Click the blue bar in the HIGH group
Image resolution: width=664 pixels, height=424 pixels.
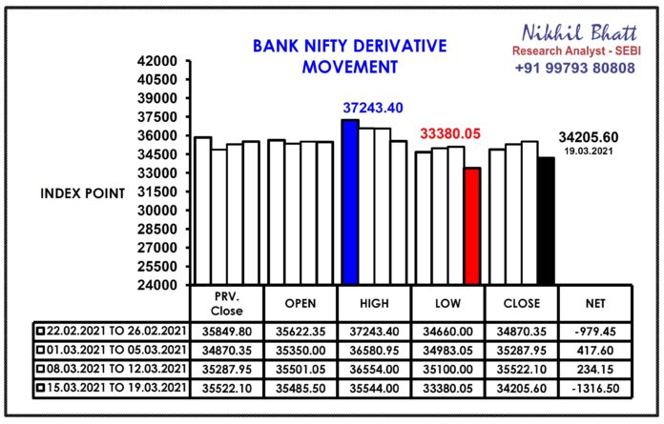coord(350,202)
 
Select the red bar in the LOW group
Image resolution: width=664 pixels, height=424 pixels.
coord(472,226)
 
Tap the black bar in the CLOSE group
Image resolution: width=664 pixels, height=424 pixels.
coord(547,221)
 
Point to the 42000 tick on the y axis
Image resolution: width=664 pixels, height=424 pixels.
coord(157,61)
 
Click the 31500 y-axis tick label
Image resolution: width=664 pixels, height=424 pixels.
coord(157,192)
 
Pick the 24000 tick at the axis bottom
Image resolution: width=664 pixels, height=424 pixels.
coord(157,285)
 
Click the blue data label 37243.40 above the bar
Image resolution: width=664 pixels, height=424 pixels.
coord(373,109)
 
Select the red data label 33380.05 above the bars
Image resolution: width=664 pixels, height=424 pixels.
coord(450,134)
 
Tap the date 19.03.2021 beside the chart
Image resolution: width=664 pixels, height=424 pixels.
coord(589,151)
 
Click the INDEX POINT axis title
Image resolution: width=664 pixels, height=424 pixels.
coord(83,193)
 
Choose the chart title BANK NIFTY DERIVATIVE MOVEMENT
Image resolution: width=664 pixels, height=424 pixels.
coord(350,56)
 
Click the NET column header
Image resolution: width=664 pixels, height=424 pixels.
coord(595,304)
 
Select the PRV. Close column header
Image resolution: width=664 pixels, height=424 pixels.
coord(226,304)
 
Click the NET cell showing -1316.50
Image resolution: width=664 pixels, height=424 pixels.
coord(595,389)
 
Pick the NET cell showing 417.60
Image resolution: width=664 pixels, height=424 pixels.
coord(595,351)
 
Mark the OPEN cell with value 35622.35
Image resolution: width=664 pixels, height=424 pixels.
coord(301,332)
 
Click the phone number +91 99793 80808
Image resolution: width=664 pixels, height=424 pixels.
coord(574,68)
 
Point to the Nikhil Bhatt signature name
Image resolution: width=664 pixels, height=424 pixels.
coord(579,33)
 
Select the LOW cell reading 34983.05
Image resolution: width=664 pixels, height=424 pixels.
coord(447,351)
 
